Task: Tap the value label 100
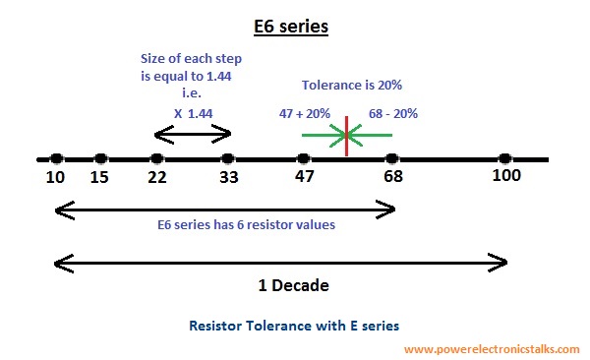[x=505, y=177]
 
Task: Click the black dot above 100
[x=505, y=158]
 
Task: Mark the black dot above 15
[x=100, y=158]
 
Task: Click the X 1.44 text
[x=193, y=113]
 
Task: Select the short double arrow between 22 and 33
[x=193, y=134]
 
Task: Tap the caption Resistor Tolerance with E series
[x=294, y=324]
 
